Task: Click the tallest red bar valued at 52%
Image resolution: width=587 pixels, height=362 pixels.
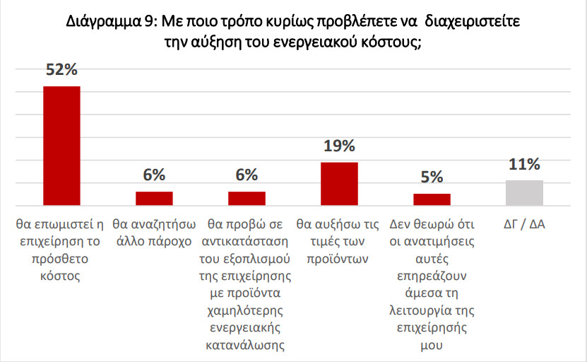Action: pyautogui.click(x=62, y=145)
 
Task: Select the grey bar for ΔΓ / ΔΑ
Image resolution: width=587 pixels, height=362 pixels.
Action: pyautogui.click(x=524, y=192)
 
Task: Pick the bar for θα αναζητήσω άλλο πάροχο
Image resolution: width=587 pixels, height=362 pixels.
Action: pyautogui.click(x=154, y=198)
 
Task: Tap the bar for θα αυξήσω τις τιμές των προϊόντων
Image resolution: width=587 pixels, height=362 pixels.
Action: pyautogui.click(x=339, y=183)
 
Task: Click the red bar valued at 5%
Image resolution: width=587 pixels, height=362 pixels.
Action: pyautogui.click(x=432, y=199)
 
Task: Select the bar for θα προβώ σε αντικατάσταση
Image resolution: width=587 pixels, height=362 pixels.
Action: pyautogui.click(x=247, y=198)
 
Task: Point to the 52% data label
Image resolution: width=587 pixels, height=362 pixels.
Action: pyautogui.click(x=62, y=71)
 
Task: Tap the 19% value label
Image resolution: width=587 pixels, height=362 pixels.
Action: pyautogui.click(x=339, y=146)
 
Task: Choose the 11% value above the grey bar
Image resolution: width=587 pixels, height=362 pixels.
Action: pyautogui.click(x=524, y=165)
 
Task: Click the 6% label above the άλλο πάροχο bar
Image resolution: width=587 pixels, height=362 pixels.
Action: pyautogui.click(x=154, y=175)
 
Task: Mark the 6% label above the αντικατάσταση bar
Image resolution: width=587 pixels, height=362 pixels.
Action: pyautogui.click(x=247, y=175)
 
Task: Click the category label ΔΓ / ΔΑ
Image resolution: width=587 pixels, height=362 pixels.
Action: pyautogui.click(x=524, y=225)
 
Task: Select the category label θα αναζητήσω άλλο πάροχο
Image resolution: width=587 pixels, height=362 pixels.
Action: pyautogui.click(x=154, y=233)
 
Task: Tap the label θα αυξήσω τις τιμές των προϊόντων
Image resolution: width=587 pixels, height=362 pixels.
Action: pyautogui.click(x=339, y=241)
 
